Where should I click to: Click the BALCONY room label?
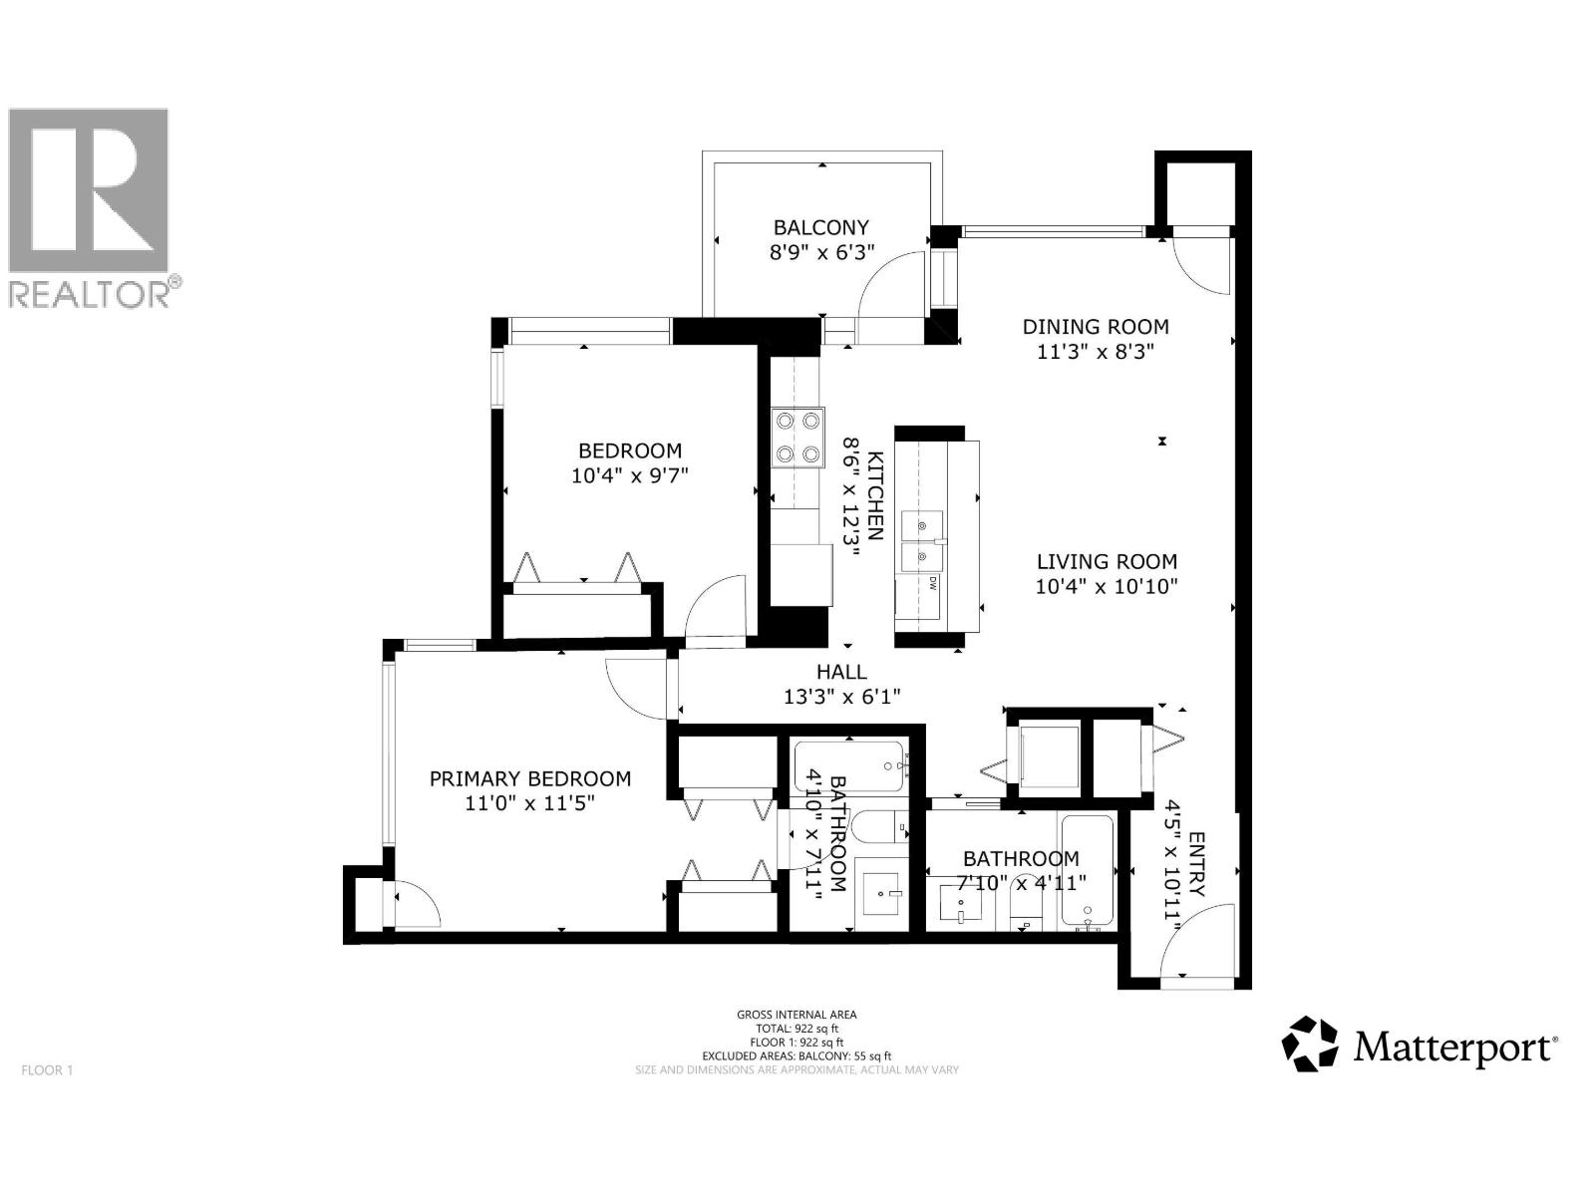821,227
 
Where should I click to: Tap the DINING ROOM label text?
1096,326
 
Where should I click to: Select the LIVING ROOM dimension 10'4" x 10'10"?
1107,587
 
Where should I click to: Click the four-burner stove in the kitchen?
797,438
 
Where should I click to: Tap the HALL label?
841,672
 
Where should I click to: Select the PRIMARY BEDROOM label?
529,778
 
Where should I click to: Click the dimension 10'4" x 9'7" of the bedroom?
630,475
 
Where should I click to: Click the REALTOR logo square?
89,190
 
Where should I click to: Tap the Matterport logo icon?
1309,1044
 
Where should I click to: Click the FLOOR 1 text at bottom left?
47,1070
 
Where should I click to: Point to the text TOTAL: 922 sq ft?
797,1029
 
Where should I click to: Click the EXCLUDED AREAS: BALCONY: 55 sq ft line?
797,1055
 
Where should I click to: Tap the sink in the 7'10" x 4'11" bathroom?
960,903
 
